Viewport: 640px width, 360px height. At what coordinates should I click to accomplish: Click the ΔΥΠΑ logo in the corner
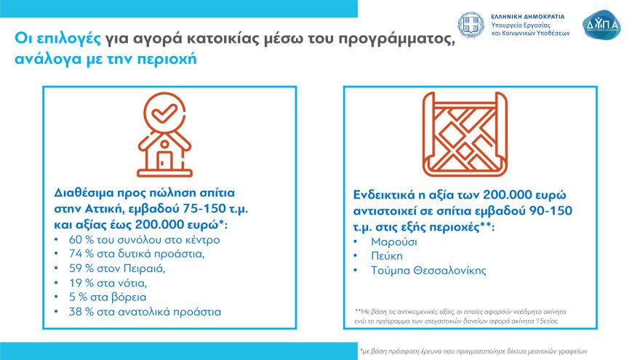pos(602,24)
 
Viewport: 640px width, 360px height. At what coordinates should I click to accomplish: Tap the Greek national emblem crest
pos(471,24)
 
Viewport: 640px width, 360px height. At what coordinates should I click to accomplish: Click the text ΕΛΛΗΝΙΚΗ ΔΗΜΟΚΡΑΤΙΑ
pos(528,15)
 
